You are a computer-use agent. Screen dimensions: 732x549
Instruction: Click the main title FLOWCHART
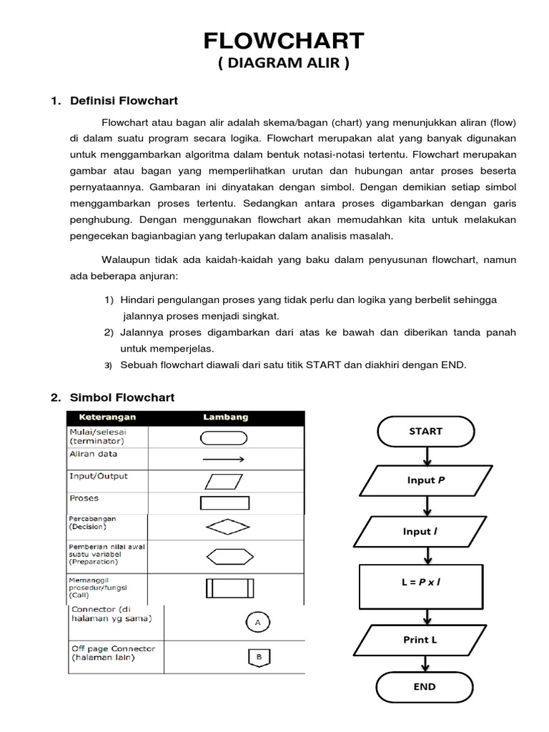[x=284, y=40]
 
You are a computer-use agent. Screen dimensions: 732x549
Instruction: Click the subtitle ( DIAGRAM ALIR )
[x=284, y=64]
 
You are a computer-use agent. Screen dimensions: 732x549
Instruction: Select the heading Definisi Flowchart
[x=123, y=101]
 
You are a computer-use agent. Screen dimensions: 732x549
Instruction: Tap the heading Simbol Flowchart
[x=122, y=397]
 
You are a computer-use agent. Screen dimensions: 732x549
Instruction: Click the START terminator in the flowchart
[x=426, y=431]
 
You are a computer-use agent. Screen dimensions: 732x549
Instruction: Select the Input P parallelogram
[x=426, y=480]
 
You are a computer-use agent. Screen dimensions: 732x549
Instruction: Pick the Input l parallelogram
[x=426, y=531]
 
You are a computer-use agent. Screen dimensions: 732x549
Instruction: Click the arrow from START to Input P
[x=426, y=455]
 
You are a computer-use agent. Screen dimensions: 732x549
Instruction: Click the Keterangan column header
[x=103, y=417]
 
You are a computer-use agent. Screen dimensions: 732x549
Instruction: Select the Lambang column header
[x=225, y=417]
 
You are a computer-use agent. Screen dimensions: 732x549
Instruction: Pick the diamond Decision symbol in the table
[x=228, y=526]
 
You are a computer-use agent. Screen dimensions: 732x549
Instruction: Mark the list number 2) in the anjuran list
[x=109, y=333]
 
